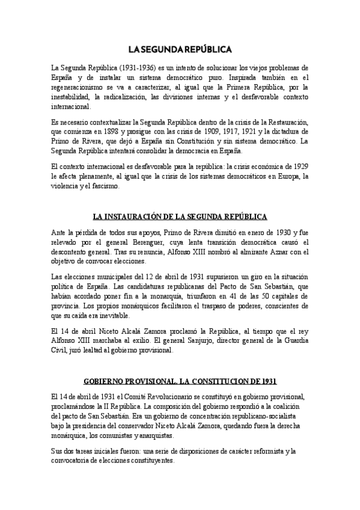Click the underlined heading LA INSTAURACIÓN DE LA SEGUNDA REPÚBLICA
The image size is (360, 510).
pyautogui.click(x=180, y=217)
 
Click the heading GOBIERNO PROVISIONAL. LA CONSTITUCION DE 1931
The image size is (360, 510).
pyautogui.click(x=180, y=381)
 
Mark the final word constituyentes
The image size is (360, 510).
pyautogui.click(x=148, y=460)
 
